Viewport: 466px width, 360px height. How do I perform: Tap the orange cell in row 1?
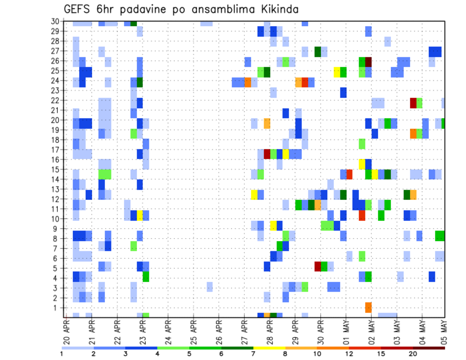click(368, 308)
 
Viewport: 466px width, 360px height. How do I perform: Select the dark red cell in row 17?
click(267, 154)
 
